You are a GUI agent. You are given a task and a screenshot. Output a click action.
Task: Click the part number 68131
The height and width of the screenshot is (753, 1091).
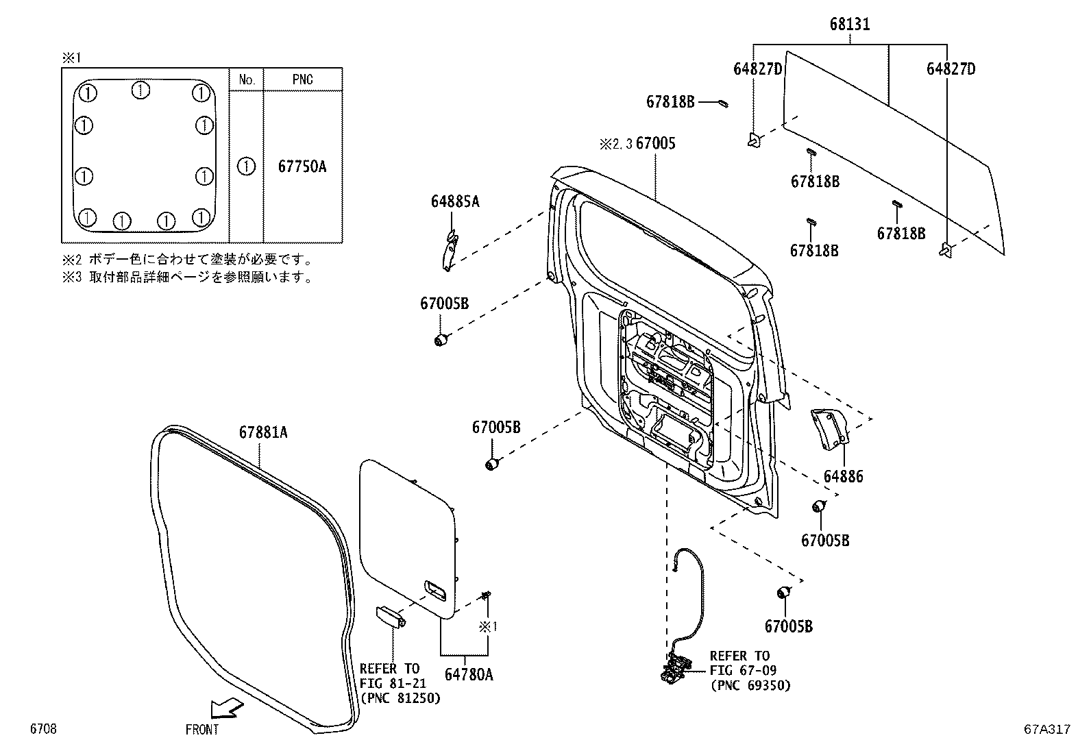point(849,25)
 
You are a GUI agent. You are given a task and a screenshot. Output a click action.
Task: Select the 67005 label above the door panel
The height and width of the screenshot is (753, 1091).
point(655,143)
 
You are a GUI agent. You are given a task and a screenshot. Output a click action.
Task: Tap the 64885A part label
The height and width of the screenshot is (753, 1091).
point(455,201)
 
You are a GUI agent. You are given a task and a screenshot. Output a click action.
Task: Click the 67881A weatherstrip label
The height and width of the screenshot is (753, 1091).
point(263,432)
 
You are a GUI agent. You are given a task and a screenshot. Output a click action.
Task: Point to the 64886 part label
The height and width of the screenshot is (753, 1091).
point(843,476)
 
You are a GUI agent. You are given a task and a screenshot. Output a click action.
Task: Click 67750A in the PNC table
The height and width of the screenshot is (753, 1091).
point(302,166)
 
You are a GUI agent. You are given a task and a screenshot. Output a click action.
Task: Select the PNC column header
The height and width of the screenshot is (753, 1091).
point(302,79)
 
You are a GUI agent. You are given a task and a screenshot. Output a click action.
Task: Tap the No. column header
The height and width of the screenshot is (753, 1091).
point(246,79)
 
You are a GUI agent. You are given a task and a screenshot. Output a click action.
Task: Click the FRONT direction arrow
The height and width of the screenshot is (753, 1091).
point(227,707)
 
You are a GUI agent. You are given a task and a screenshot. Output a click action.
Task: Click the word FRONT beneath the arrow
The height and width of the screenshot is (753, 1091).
point(202,730)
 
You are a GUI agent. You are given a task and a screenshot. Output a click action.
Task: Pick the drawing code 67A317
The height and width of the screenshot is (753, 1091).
point(1046,730)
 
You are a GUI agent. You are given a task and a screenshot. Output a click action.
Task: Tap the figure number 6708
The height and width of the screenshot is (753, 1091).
point(42,730)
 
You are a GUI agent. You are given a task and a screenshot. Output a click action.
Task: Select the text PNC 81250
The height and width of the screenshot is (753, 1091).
point(400,698)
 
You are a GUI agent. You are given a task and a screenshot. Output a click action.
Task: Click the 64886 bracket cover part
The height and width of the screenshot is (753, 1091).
point(830,429)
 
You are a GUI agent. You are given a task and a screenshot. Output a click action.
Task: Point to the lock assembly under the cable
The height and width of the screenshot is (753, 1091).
point(676,667)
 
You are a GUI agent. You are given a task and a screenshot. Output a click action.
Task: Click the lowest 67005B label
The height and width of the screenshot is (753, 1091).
point(788,626)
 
